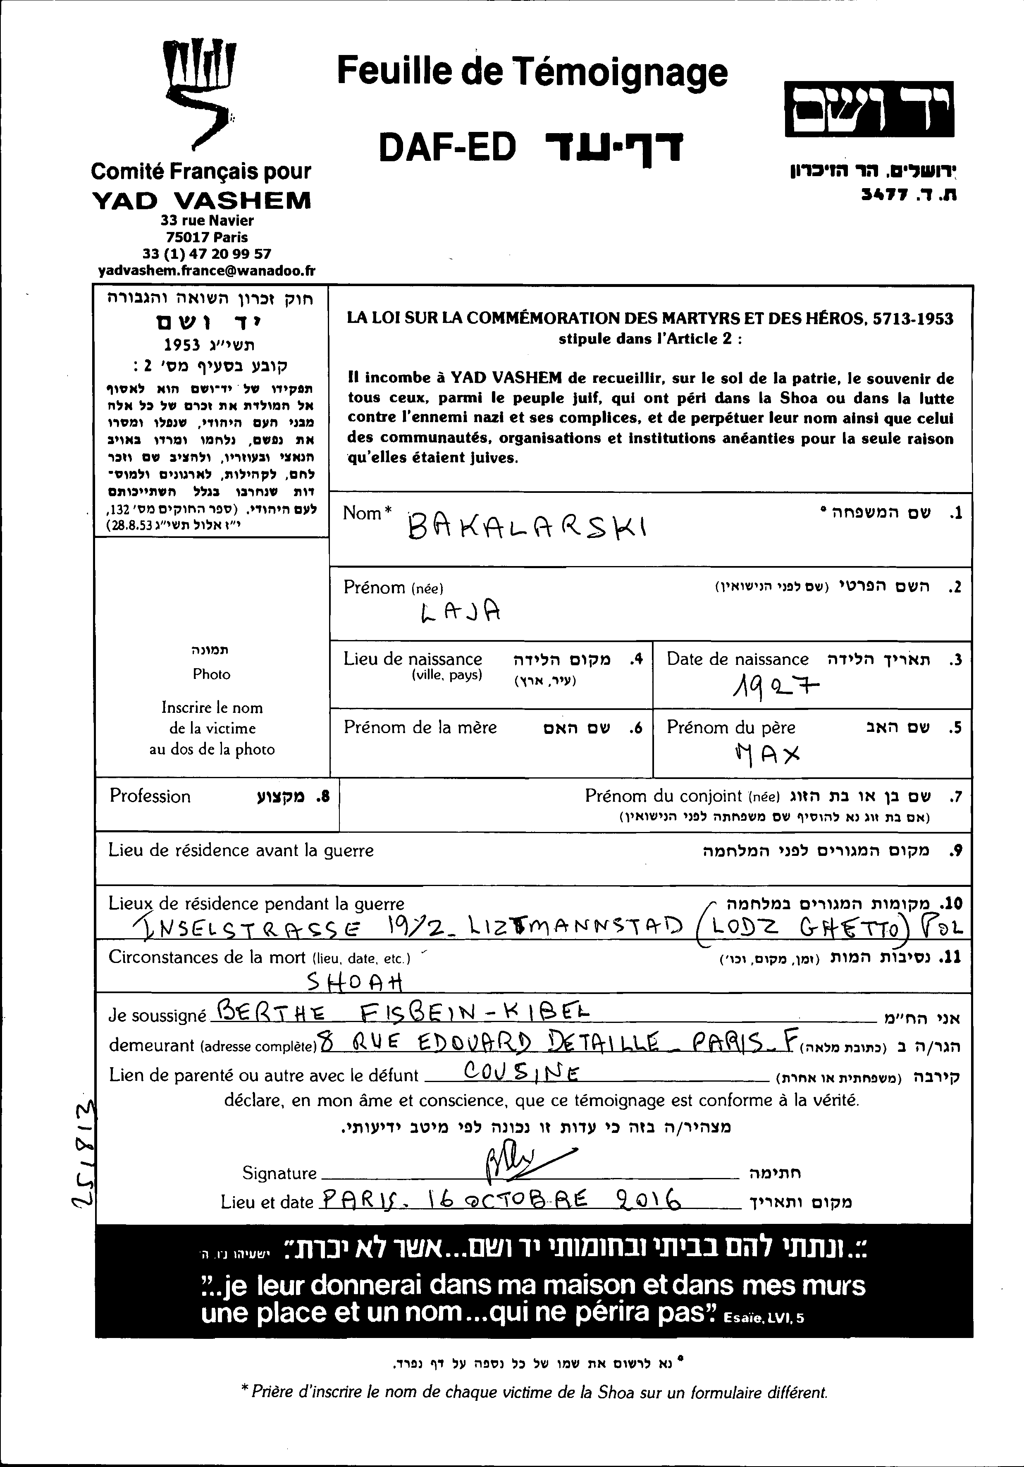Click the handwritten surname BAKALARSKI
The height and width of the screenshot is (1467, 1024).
527,527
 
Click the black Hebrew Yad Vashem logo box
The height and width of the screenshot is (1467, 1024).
869,109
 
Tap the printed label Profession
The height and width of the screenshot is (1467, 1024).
150,796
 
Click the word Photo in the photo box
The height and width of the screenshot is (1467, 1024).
211,674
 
